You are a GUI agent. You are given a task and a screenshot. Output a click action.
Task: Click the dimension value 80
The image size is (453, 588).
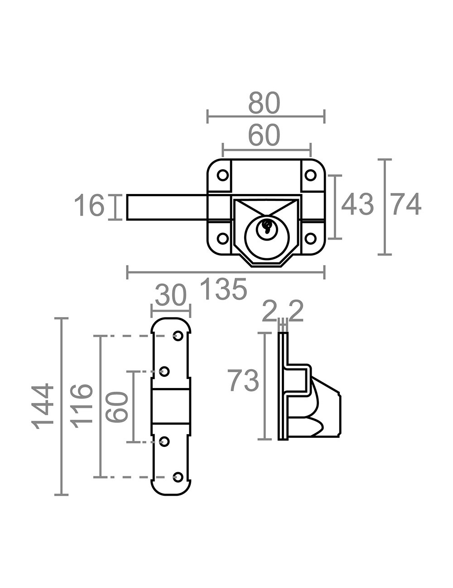[x=264, y=103]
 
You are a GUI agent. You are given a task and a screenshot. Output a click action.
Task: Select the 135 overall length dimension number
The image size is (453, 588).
[x=225, y=289]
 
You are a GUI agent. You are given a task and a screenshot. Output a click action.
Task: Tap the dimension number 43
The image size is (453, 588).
[x=357, y=204]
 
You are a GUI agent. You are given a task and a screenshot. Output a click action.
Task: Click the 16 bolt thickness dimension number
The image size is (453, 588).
[x=89, y=205]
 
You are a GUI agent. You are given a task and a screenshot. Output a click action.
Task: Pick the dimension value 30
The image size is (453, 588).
[x=171, y=294]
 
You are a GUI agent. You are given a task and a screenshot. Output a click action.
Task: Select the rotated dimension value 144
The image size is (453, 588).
[x=43, y=406]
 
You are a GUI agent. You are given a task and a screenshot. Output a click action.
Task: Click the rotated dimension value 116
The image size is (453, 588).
[x=82, y=406]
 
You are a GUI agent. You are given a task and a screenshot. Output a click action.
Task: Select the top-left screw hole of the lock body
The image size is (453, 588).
[x=223, y=175]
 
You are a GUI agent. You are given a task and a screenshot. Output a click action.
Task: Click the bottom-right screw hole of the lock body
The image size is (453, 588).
[x=310, y=238]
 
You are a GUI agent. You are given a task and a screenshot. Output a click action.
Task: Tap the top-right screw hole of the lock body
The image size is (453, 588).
[x=310, y=175]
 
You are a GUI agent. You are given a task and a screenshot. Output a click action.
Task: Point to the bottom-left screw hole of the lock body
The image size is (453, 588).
[x=223, y=238]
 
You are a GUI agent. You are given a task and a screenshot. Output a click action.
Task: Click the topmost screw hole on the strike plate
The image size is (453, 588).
[x=178, y=336]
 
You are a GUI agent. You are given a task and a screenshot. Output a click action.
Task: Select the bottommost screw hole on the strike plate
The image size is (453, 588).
[x=178, y=477]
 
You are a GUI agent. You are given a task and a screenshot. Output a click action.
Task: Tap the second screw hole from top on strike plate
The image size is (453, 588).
[x=164, y=371]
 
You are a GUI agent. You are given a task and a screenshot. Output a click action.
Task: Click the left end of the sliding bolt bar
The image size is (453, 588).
[x=127, y=207]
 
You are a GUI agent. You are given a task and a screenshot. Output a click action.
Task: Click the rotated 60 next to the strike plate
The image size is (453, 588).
[x=117, y=407]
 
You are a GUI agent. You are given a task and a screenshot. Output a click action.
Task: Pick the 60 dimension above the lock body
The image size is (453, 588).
[x=264, y=135]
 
